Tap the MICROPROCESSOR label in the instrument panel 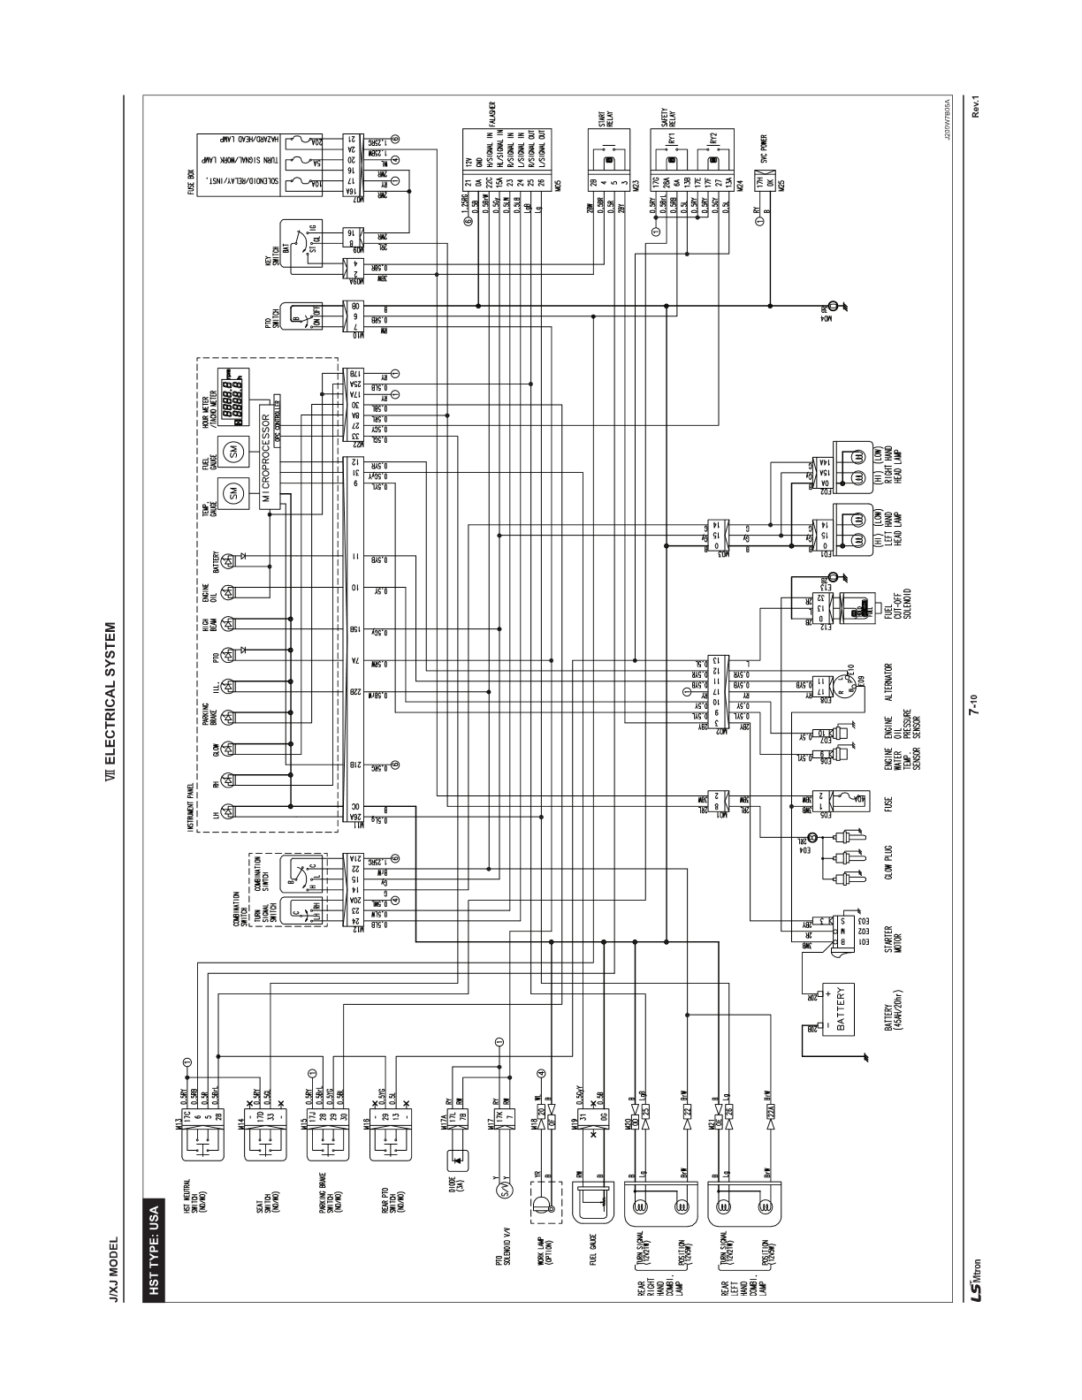point(263,465)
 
